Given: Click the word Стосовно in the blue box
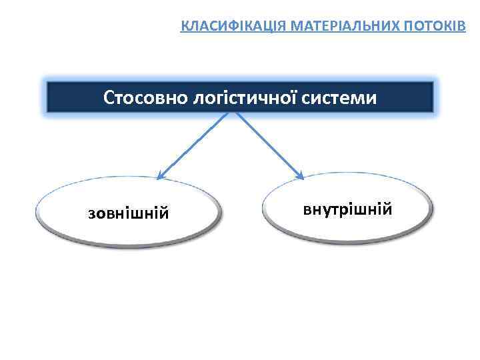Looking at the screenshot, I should click(145, 99).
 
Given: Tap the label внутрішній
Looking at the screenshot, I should click(347, 210).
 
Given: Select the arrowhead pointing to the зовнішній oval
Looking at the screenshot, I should click(160, 176).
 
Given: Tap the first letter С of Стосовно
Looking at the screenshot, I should click(109, 99).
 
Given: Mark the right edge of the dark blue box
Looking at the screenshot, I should click(433, 97).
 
